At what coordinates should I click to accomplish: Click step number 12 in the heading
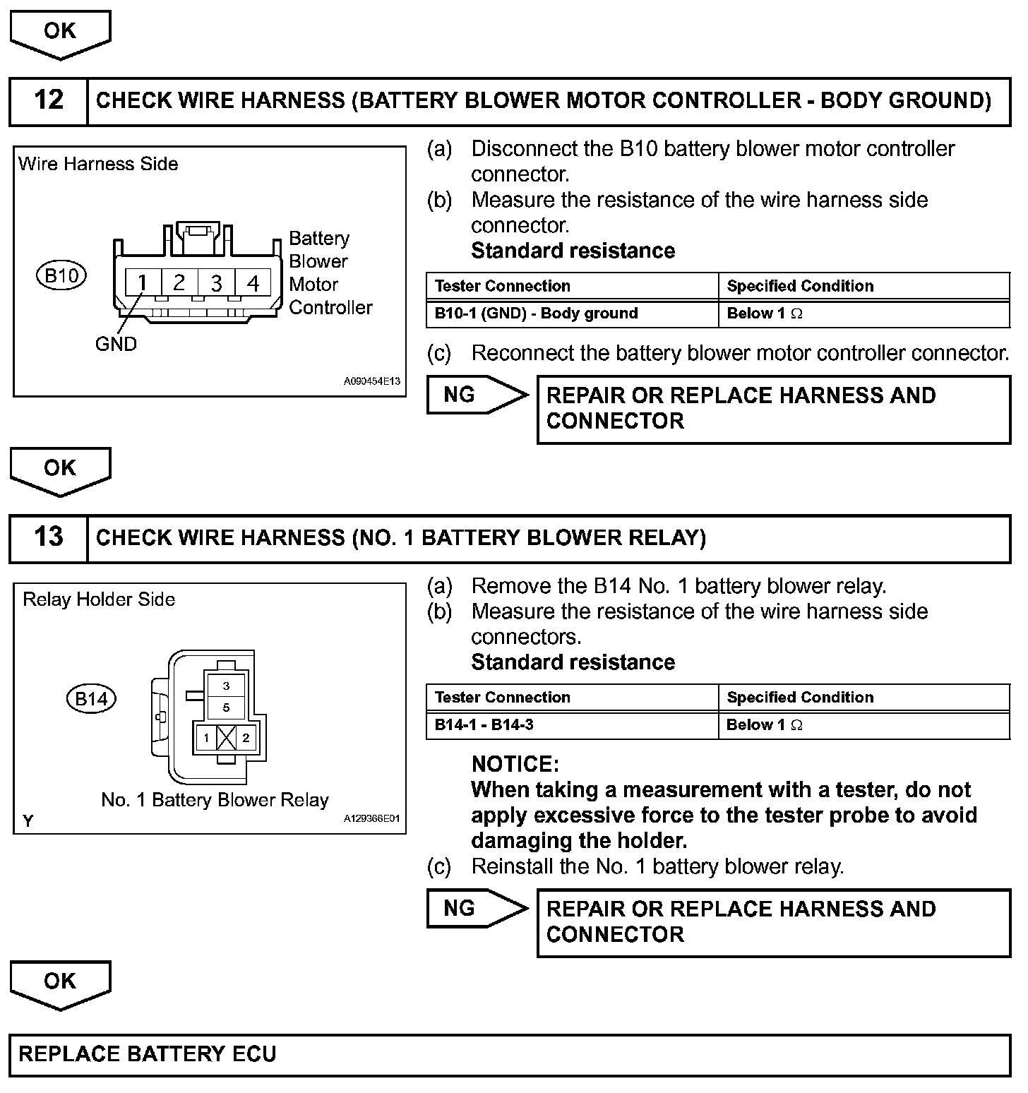(48, 100)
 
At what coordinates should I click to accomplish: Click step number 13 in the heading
(48, 537)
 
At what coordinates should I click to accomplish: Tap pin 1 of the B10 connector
(143, 283)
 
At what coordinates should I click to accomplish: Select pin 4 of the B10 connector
(253, 283)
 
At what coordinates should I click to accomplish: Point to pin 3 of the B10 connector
(216, 283)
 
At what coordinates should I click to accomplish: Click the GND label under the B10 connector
(116, 345)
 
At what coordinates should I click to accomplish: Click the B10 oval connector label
(61, 275)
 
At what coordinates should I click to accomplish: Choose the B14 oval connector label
(91, 699)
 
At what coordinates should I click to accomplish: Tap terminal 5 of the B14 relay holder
(226, 707)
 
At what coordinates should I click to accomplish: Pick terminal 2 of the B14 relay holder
(245, 739)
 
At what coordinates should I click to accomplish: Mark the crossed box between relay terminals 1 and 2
(226, 739)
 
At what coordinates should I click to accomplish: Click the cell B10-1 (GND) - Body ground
(537, 313)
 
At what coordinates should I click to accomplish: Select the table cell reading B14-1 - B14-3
(484, 725)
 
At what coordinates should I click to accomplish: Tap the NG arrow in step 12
(476, 395)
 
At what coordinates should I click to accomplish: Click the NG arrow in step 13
(476, 908)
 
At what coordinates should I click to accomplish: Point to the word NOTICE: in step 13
(515, 764)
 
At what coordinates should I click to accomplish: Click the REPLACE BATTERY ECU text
(148, 1054)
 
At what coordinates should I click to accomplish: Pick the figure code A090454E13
(372, 381)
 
